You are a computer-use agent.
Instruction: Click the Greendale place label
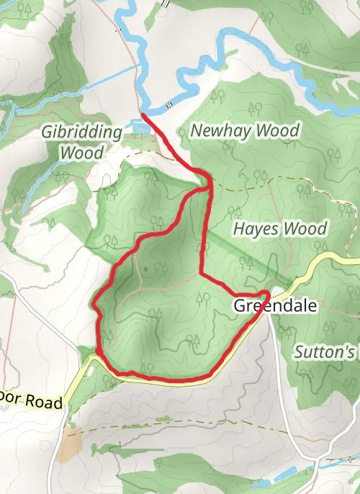(x=275, y=306)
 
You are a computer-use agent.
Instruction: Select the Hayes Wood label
(x=280, y=229)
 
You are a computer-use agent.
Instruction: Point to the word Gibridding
(x=81, y=133)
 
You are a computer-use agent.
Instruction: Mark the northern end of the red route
(x=143, y=114)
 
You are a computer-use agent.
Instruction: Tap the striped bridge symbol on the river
(x=170, y=105)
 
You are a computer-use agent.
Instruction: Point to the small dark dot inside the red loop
(x=146, y=269)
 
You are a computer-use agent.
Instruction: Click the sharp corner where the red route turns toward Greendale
(x=201, y=274)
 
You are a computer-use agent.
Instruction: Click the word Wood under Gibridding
(x=81, y=153)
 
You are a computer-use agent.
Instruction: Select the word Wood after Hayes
(x=306, y=229)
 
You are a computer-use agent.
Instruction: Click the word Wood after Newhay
(x=277, y=131)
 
